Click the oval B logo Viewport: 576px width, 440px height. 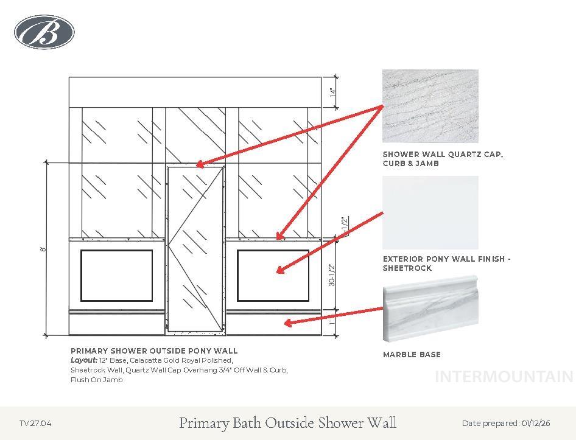44,32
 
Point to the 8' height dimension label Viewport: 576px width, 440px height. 44,249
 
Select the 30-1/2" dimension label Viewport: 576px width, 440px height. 332,274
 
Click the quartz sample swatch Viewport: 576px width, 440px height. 430,106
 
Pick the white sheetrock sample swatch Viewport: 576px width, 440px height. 430,212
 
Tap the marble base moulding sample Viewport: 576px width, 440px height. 430,309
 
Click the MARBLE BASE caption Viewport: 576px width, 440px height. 412,354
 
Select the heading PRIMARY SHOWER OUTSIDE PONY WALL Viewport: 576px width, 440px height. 154,351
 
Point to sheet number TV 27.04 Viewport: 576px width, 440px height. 36,423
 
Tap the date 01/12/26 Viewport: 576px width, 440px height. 536,423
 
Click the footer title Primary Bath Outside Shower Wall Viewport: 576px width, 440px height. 288,423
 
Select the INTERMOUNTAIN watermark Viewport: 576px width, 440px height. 504,377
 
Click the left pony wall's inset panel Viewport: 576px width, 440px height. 116,276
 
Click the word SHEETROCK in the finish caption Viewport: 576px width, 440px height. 407,268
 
